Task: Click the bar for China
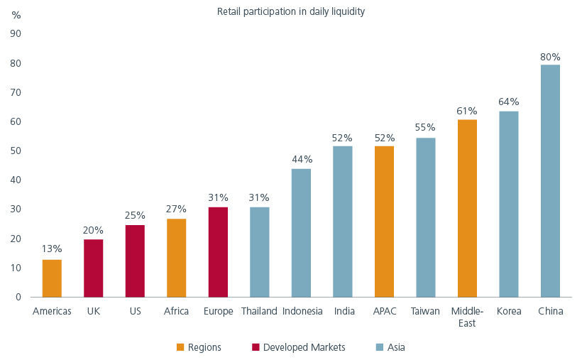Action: point(550,181)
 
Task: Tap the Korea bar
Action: point(508,204)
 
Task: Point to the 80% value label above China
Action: point(550,57)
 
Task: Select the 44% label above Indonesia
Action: point(302,160)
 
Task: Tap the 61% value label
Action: point(467,111)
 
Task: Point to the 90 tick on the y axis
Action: point(16,33)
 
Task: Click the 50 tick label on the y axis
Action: point(16,151)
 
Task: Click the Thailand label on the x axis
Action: point(260,311)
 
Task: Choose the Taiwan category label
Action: point(426,311)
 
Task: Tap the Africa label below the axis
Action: point(176,311)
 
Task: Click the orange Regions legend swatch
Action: point(180,347)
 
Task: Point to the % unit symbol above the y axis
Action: point(16,15)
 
